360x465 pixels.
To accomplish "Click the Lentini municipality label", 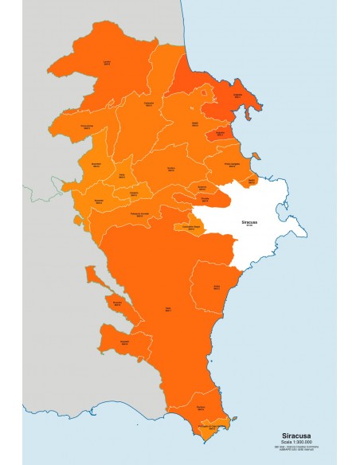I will (106, 61).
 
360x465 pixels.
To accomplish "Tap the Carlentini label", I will (148, 104).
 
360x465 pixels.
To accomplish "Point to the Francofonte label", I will (87, 126).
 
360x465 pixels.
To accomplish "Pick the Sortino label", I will (171, 169).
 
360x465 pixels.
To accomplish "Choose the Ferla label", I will (122, 176).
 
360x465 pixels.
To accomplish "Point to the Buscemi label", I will (99, 201).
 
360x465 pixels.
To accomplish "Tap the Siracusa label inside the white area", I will (249, 224).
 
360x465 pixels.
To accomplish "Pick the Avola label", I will (217, 287).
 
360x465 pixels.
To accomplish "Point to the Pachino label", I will (201, 408).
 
